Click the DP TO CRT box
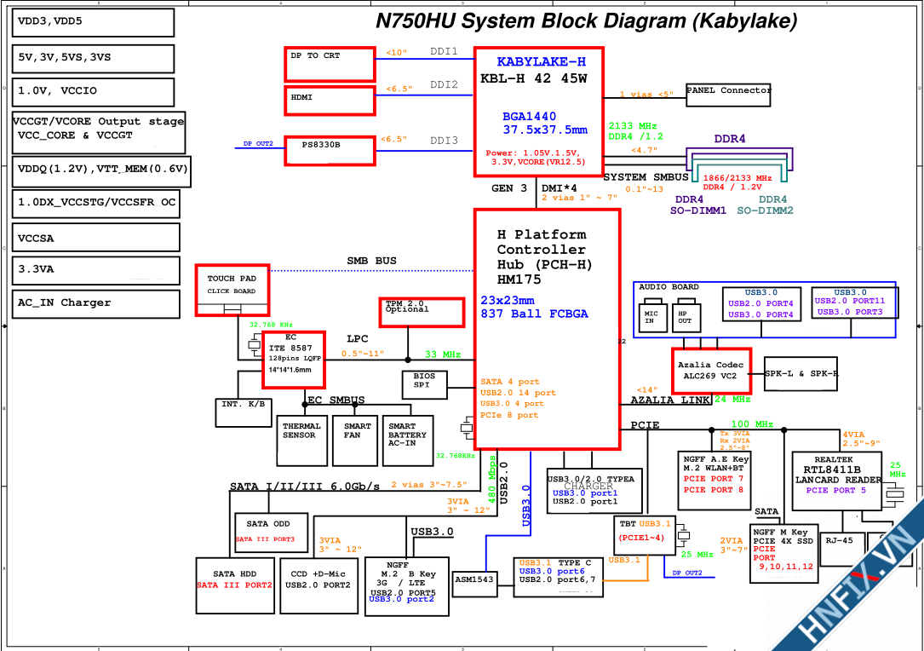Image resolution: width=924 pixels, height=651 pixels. pyautogui.click(x=330, y=65)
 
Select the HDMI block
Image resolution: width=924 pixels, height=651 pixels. pyautogui.click(x=330, y=100)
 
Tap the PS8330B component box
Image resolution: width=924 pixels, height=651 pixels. pyautogui.click(x=330, y=151)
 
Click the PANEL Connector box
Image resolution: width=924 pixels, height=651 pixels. pyautogui.click(x=728, y=95)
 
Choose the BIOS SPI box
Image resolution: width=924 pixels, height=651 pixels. pyautogui.click(x=424, y=385)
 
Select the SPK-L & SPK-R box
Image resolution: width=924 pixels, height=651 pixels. pyautogui.click(x=801, y=374)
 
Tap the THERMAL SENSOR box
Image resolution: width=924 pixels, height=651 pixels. pyautogui.click(x=301, y=441)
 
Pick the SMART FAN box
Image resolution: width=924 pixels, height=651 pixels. pyautogui.click(x=355, y=441)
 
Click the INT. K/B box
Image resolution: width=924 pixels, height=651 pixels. pyautogui.click(x=243, y=412)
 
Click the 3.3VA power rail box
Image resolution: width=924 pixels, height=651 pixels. pyautogui.click(x=95, y=270)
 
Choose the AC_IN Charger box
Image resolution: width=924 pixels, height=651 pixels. pyautogui.click(x=95, y=303)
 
